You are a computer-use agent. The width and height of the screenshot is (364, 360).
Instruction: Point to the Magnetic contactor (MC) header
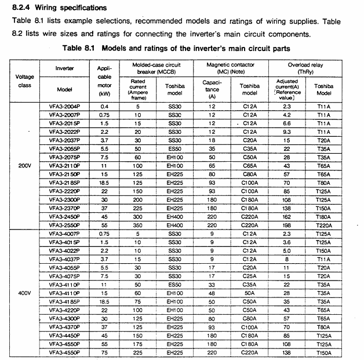230,68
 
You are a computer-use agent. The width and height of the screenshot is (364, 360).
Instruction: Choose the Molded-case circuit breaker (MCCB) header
155,68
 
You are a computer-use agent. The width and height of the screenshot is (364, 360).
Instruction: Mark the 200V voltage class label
25,165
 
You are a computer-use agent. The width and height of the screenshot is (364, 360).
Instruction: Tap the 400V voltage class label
25,293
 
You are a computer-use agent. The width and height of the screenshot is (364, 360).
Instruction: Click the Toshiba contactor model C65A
249,165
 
